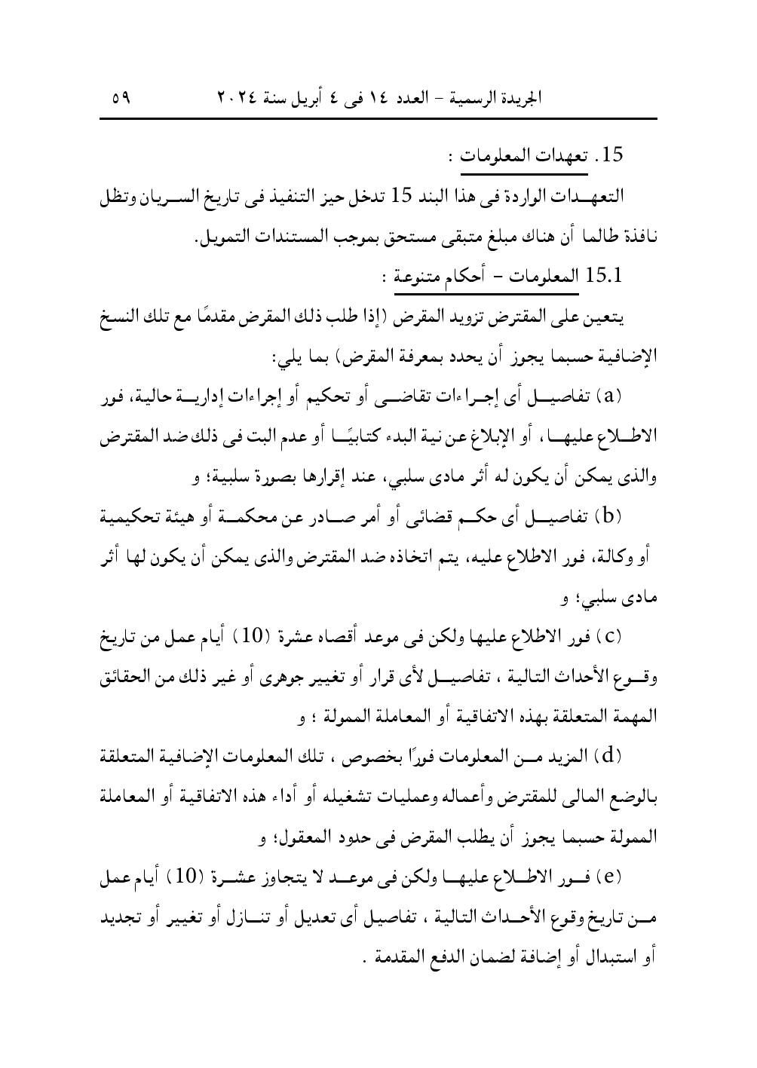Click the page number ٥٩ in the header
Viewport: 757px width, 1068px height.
pos(120,97)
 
